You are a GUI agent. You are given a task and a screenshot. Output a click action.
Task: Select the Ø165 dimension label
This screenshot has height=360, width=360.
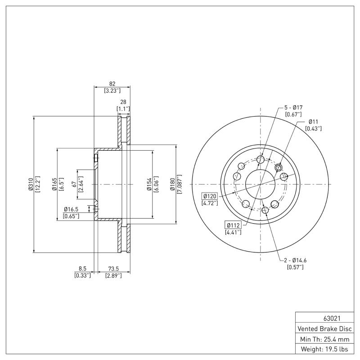(x=54, y=184)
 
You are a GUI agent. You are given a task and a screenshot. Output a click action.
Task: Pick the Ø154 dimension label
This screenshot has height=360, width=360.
(x=148, y=184)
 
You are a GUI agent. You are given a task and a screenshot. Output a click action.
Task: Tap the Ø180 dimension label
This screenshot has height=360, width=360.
(x=172, y=184)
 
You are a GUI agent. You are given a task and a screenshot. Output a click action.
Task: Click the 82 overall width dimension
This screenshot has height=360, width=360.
(x=112, y=84)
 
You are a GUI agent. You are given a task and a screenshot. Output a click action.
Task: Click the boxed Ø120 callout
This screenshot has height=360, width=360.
(x=210, y=196)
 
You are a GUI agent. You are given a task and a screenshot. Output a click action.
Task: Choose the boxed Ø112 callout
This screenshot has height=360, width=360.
(x=233, y=225)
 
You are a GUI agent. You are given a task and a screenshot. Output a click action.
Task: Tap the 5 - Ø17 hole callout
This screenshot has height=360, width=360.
(x=293, y=108)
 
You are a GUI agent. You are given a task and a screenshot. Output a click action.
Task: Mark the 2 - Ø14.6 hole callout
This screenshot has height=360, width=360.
(x=295, y=260)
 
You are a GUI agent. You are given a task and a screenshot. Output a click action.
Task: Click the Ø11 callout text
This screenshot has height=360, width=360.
(x=313, y=121)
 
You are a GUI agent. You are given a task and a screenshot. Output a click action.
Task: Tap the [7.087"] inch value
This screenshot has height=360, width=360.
(x=179, y=184)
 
